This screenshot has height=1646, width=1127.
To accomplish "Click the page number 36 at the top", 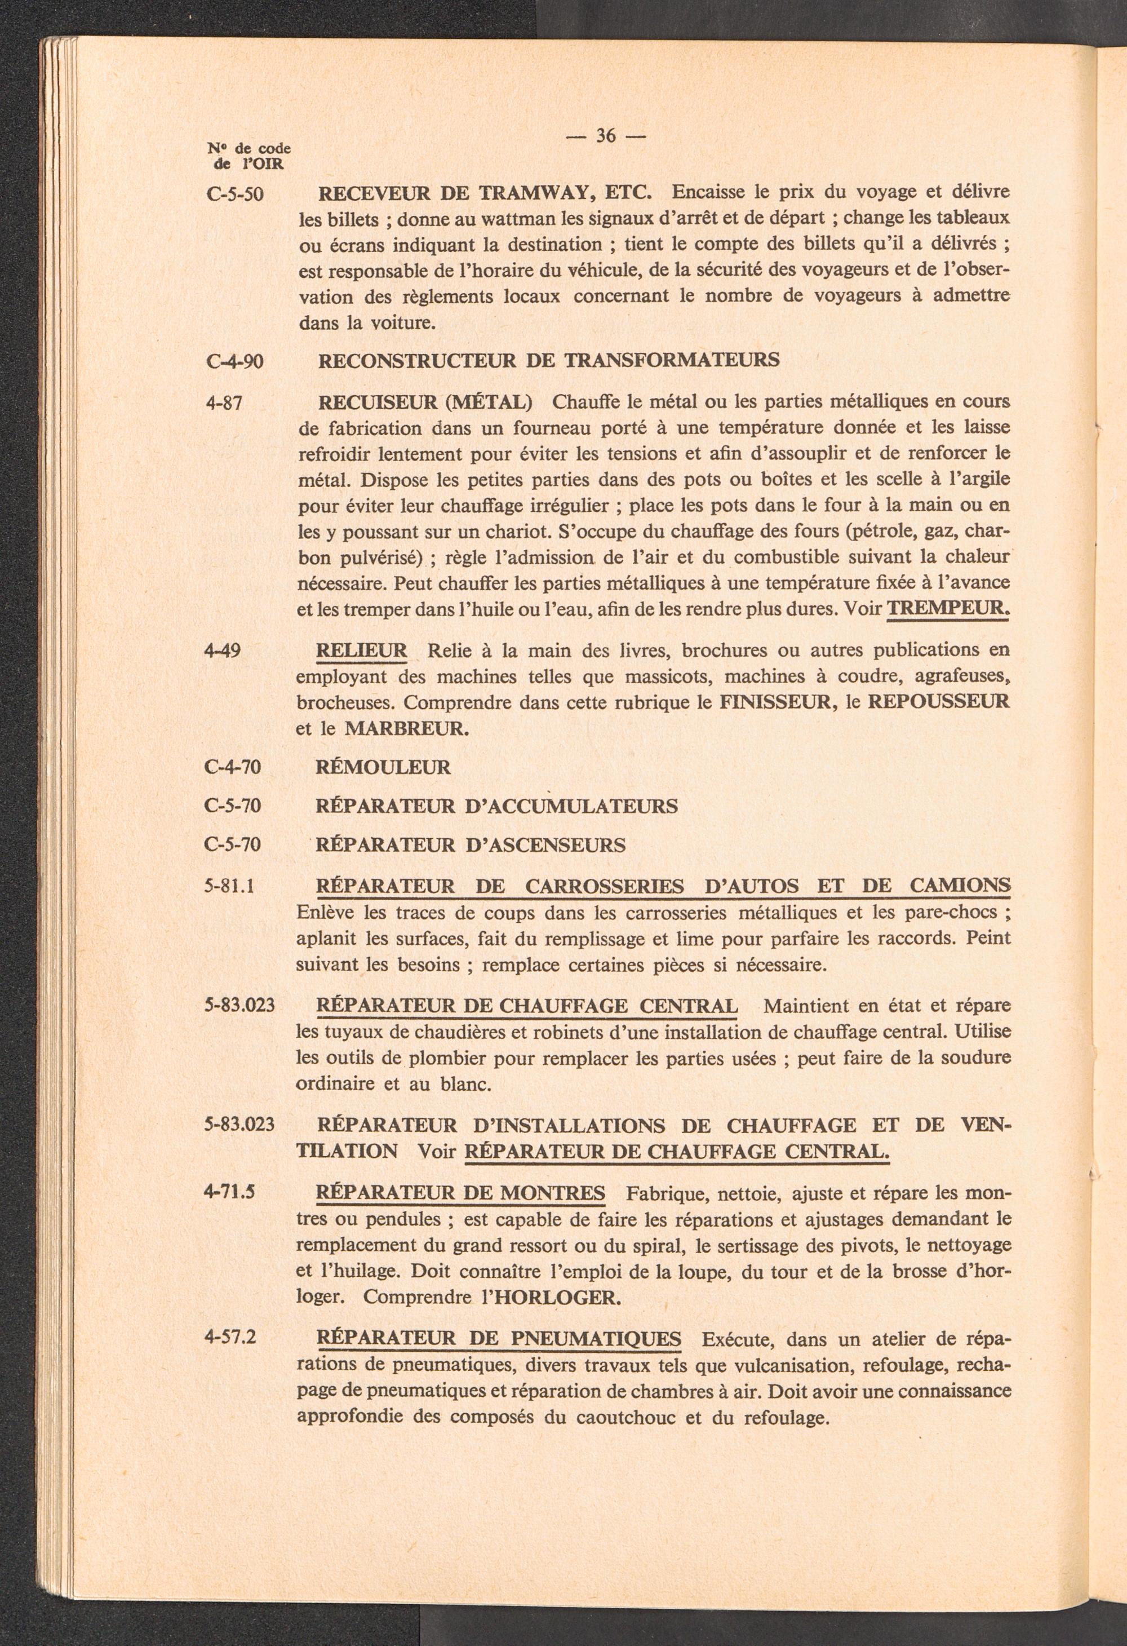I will pos(605,135).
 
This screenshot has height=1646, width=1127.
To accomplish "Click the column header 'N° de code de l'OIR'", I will pos(249,156).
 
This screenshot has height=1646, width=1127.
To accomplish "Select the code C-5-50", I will pos(235,193).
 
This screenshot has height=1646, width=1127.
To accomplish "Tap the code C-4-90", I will pos(234,361).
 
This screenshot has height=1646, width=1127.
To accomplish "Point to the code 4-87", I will pos(224,404).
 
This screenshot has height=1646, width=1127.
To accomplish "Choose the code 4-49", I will pos(221,649).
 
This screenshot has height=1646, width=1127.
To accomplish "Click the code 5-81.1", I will pos(229,886).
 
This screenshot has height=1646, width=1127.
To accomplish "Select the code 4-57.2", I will pos(229,1337).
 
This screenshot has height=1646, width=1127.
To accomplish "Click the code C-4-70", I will pos(232,767).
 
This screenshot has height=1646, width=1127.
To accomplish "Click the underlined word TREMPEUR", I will pos(947,608).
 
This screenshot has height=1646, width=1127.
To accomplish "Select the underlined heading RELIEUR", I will pos(361,649).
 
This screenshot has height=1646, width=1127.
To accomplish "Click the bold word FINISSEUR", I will pos(774,702).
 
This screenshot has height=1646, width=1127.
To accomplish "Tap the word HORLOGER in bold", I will pos(557,1298).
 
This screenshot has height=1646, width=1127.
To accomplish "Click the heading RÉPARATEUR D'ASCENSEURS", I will pos(470,845).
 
